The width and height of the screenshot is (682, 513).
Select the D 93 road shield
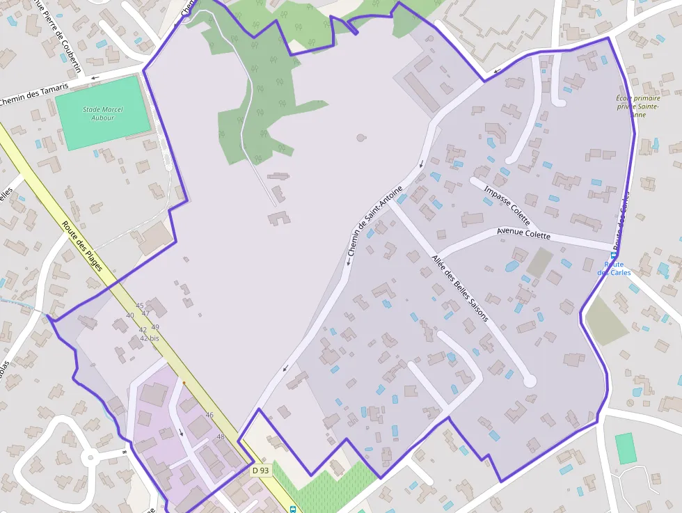(x=260, y=471)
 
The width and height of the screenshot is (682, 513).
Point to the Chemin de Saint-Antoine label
(x=374, y=226)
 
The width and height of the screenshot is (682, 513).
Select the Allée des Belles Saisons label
(x=460, y=287)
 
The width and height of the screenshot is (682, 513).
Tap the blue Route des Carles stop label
(x=614, y=268)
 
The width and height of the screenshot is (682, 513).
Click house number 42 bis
(x=150, y=338)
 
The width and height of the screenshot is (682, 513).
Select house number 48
(x=221, y=437)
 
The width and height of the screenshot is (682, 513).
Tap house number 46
(x=209, y=415)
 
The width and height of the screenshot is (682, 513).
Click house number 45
(x=139, y=306)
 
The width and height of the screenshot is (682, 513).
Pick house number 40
(x=129, y=315)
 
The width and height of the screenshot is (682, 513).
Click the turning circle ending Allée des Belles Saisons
(x=530, y=381)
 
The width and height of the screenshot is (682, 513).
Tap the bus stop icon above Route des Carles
(x=613, y=255)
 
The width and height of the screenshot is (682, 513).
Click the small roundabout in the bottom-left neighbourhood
(x=89, y=457)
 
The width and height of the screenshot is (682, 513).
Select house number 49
(x=154, y=327)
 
